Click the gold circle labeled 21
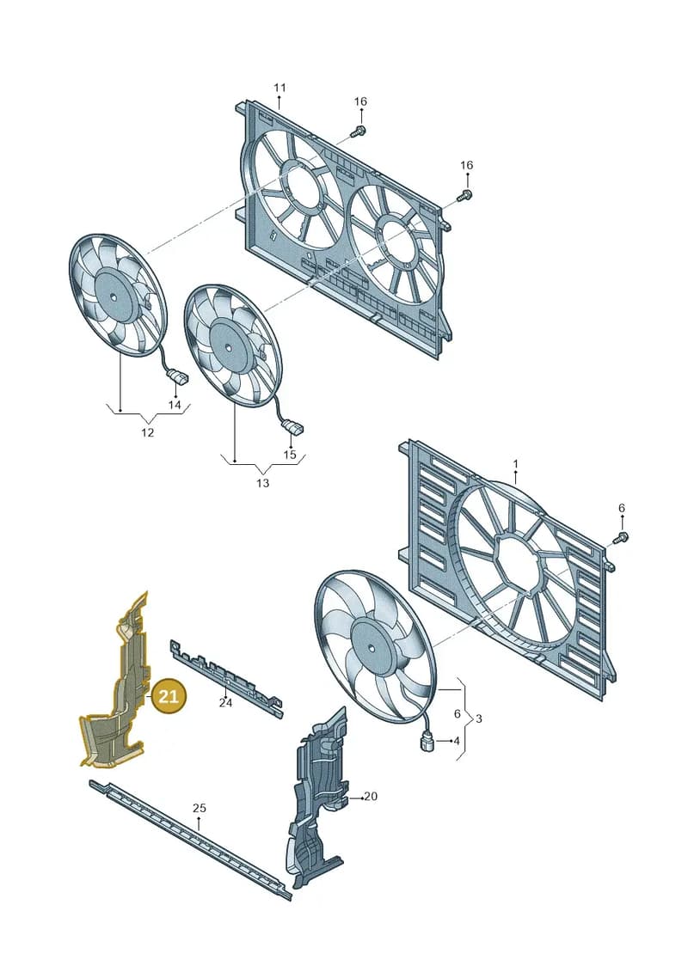pos(169,696)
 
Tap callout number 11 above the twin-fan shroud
pos(279,88)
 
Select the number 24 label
pos(225,703)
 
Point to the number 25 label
pos(200,809)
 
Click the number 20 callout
pos(371,796)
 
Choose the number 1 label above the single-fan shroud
pos(515,464)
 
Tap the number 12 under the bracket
pos(147,432)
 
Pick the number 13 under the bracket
pos(262,483)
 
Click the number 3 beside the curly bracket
pos(478,719)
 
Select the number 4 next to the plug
pos(457,741)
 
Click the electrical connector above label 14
pos(176,376)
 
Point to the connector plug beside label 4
pos(427,741)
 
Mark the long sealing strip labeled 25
pos(190,839)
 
